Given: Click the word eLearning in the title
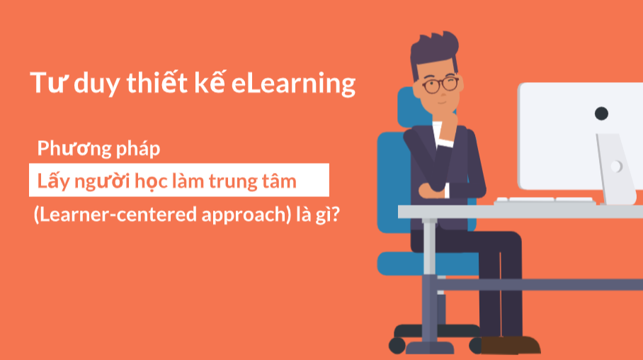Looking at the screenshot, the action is [x=293, y=84].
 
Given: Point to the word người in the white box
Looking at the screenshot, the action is [x=104, y=182].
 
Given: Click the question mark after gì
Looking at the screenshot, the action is [x=336, y=214].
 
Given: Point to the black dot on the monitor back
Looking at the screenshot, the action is [x=601, y=113].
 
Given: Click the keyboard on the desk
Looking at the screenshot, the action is [x=545, y=201].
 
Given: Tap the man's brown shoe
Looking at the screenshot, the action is [x=511, y=345].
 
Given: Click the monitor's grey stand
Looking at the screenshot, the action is [x=615, y=168].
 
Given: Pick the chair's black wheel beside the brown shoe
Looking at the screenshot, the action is [x=476, y=345].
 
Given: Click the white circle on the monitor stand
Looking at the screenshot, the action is [x=616, y=167].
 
